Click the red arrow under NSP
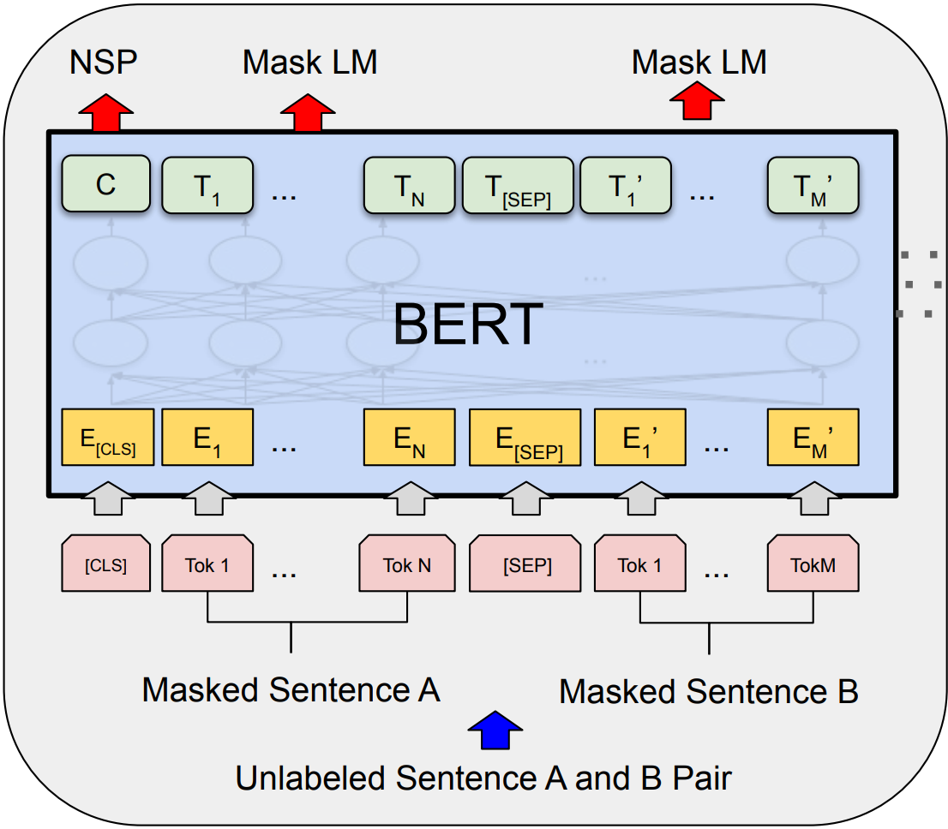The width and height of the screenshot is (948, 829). (x=106, y=113)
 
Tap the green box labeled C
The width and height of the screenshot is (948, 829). (x=105, y=185)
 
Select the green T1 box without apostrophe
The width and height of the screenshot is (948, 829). (x=207, y=185)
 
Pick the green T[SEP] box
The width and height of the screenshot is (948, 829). (x=518, y=185)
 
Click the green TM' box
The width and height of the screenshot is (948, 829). (x=813, y=185)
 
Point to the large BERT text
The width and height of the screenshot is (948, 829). (x=468, y=323)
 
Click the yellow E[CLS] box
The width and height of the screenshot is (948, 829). (x=107, y=438)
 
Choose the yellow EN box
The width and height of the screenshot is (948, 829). (x=409, y=438)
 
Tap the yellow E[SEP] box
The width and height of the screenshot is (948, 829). (x=525, y=438)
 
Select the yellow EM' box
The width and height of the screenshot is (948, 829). (x=813, y=438)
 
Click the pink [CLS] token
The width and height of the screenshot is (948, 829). (x=105, y=564)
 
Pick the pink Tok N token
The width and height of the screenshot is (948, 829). (x=407, y=564)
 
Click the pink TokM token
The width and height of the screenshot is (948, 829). (x=813, y=564)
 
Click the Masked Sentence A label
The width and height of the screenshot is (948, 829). (x=291, y=689)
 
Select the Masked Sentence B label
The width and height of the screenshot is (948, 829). (x=708, y=691)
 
